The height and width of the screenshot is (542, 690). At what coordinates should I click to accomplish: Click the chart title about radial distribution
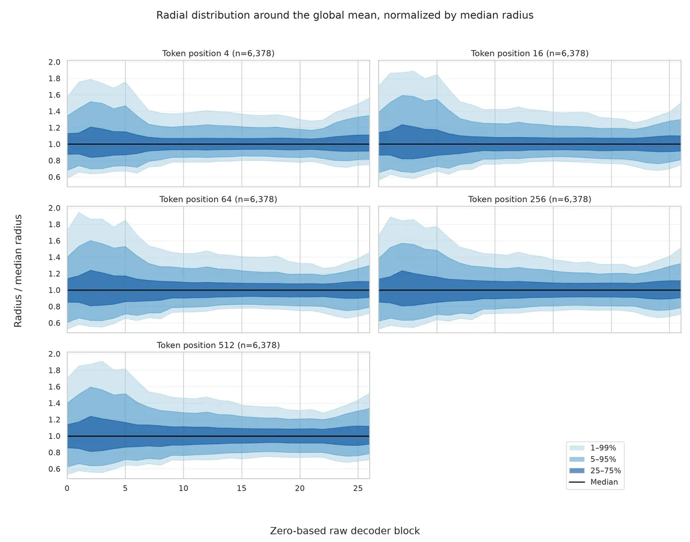click(344, 16)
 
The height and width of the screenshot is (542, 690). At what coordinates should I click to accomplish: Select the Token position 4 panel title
click(218, 54)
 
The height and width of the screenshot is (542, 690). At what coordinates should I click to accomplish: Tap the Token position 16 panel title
click(530, 54)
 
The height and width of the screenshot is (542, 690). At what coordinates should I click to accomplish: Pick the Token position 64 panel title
click(218, 199)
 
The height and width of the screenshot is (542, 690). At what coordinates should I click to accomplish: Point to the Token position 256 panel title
click(530, 199)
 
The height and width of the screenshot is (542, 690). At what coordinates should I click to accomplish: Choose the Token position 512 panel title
click(218, 345)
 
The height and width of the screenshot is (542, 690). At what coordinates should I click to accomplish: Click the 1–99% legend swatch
click(577, 448)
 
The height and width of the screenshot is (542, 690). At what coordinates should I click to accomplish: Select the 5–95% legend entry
click(592, 459)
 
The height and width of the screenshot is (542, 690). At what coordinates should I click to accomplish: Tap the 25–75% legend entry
click(592, 471)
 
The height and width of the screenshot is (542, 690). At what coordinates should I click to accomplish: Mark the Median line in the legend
click(577, 482)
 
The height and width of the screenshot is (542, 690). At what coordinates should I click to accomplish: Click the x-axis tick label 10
click(183, 488)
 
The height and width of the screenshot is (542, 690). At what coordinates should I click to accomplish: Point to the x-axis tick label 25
click(358, 488)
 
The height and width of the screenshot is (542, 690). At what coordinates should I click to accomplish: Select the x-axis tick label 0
click(67, 488)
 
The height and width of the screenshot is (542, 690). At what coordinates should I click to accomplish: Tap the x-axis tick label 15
click(241, 488)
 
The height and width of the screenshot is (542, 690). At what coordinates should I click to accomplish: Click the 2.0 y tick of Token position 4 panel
click(54, 62)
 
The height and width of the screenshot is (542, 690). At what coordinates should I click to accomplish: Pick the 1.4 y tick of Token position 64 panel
click(54, 257)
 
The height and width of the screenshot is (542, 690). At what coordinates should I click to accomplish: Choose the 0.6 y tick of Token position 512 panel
click(54, 469)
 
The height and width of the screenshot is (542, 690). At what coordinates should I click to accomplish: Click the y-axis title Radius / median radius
click(18, 270)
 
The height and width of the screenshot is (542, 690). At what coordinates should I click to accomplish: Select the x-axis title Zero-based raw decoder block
click(345, 531)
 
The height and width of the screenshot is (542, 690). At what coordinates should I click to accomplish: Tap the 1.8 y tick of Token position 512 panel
click(54, 371)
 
